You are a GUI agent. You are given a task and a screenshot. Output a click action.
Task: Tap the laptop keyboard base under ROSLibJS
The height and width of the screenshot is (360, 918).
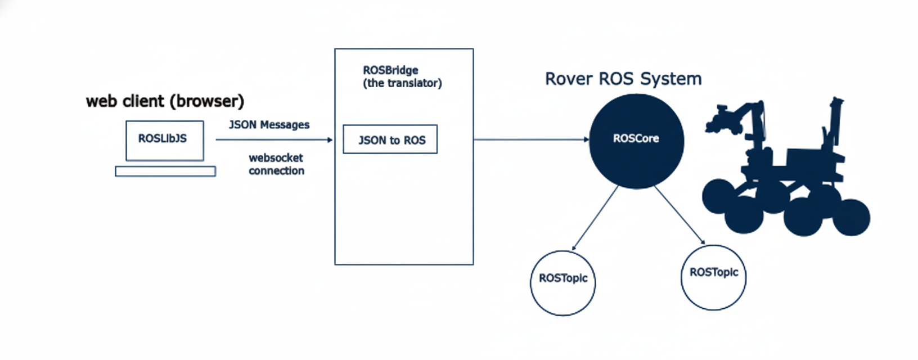coord(165,172)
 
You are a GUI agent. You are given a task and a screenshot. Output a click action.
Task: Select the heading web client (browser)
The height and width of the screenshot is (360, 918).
coord(165,101)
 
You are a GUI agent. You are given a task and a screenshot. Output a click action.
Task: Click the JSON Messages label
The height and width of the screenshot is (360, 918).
coord(269,125)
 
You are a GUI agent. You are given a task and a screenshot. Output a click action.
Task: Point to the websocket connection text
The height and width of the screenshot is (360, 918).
coord(276,164)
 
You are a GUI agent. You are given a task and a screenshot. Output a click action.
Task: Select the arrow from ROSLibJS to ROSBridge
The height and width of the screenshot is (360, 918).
coord(274,139)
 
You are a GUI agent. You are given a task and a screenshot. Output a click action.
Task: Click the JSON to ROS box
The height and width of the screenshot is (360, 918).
coord(390,139)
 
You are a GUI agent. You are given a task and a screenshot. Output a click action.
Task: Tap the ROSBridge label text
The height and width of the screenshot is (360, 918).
coord(390,70)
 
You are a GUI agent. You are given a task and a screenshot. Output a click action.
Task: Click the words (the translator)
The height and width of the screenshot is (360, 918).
coord(402,83)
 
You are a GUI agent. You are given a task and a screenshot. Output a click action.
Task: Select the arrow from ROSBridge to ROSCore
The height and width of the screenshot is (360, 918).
coord(531,139)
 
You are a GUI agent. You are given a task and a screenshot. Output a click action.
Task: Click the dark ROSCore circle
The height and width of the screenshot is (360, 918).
coord(636,141)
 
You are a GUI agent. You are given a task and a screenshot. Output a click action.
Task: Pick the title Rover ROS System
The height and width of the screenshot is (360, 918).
coord(623,79)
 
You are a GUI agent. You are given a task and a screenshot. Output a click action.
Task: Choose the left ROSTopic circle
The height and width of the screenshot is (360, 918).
coord(562,283)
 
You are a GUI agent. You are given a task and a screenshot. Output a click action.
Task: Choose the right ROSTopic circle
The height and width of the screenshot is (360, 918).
coord(713,277)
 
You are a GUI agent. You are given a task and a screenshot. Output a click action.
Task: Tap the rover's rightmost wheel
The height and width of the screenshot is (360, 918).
coord(851,218)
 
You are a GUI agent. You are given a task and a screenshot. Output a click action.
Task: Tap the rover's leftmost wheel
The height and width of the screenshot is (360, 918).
coord(718,196)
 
